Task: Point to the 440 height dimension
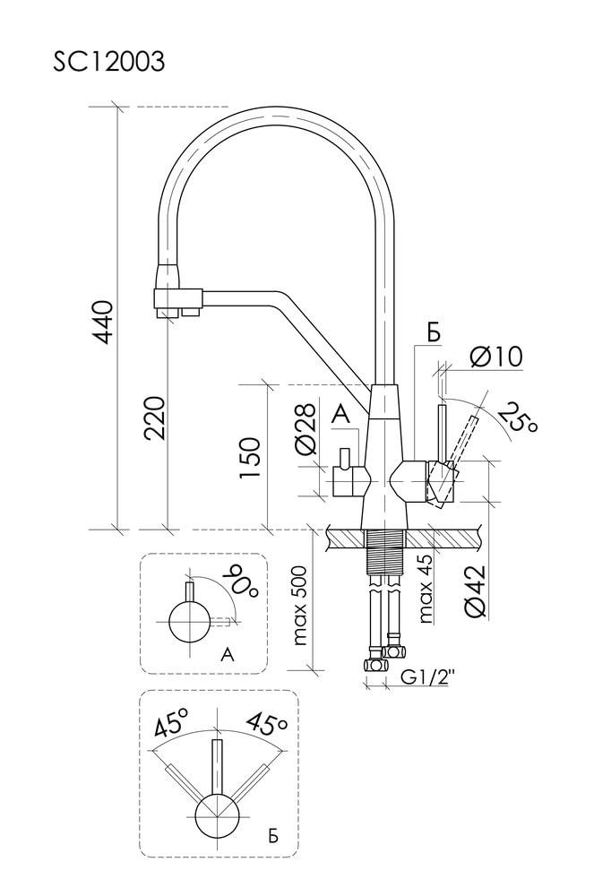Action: tap(104, 323)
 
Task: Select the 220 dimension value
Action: tap(155, 418)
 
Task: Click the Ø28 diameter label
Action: tap(306, 431)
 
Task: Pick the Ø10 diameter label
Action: tap(495, 357)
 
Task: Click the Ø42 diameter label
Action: tap(476, 590)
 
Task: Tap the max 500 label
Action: tap(299, 606)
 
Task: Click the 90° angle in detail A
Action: tap(241, 581)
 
